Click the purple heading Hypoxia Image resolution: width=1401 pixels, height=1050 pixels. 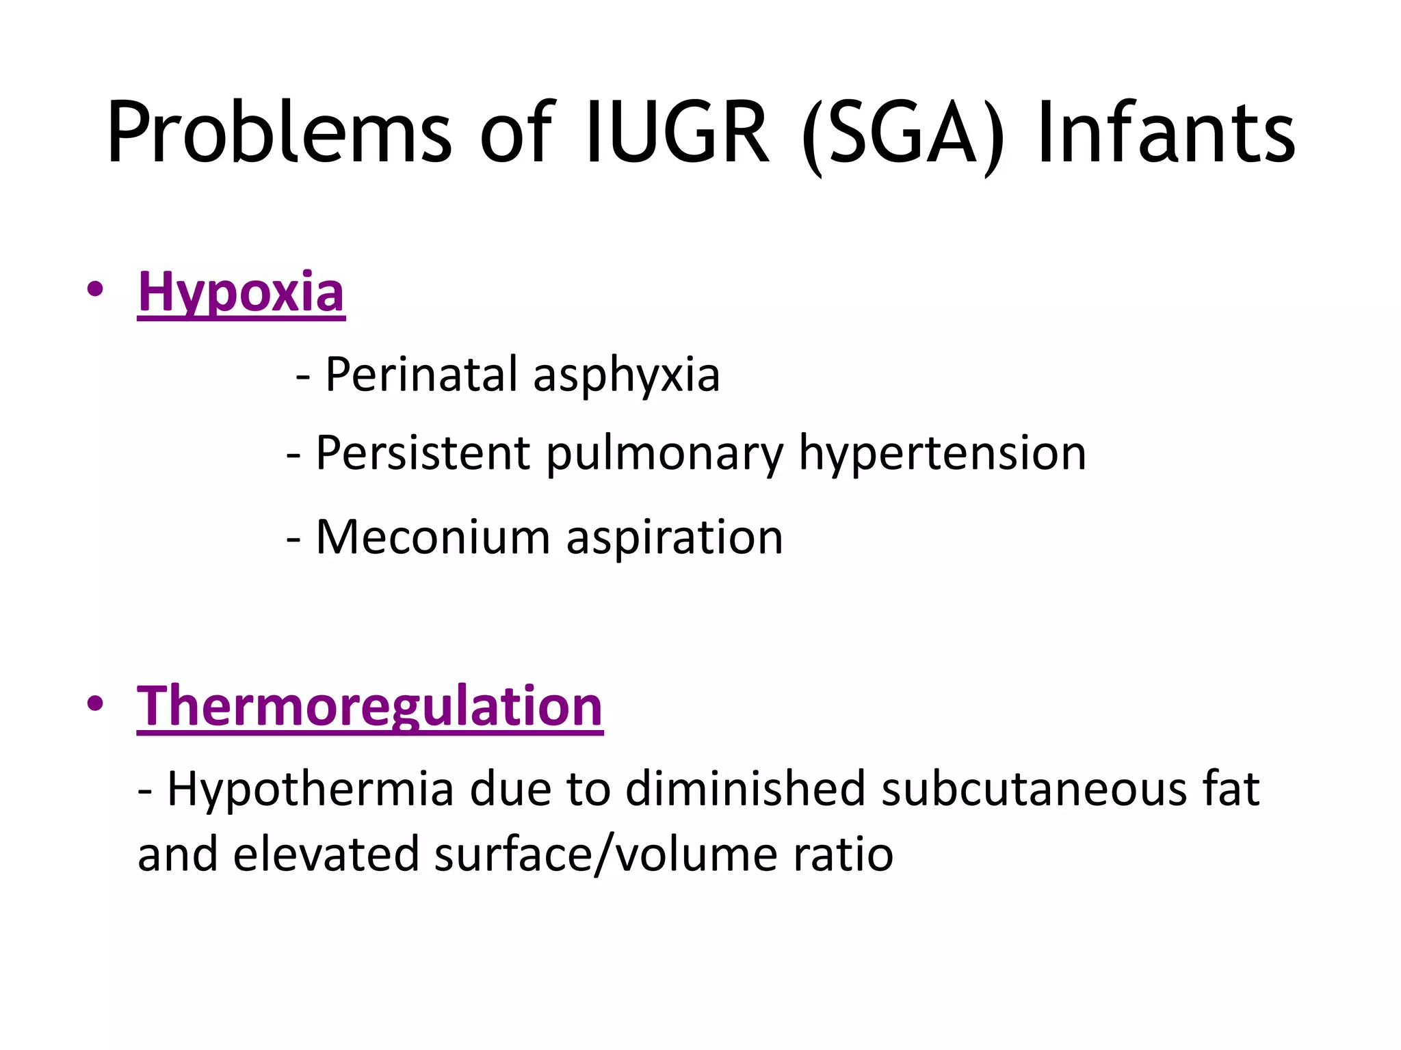click(241, 293)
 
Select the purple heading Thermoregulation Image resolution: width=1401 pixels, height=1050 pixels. click(369, 706)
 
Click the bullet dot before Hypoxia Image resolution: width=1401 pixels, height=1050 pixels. click(95, 289)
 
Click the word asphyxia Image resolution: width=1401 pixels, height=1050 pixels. click(626, 376)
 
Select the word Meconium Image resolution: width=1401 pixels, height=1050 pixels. click(433, 537)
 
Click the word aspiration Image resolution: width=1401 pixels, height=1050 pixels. click(675, 539)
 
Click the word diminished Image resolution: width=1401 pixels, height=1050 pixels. click(745, 789)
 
